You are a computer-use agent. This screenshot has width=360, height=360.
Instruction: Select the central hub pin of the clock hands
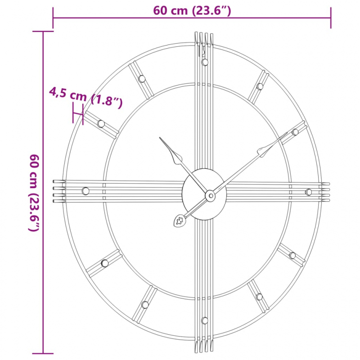point(210,195)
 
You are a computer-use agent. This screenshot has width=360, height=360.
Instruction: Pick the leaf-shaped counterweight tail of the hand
point(179,221)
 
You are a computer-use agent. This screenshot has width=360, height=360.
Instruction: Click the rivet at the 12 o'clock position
point(205,62)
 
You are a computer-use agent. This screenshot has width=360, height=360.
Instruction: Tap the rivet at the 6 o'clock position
point(205,320)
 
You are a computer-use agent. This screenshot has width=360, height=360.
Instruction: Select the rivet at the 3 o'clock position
point(309,192)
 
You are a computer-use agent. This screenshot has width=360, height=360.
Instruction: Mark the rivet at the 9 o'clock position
point(85,191)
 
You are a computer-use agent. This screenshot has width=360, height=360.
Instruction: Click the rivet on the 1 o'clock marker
point(260,86)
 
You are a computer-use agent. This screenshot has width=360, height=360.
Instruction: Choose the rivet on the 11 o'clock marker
point(142,79)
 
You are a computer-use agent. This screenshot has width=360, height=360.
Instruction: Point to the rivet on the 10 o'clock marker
point(101,124)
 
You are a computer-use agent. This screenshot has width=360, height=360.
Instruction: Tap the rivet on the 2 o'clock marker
point(295,132)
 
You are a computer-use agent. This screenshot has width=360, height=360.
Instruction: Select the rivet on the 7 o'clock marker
point(145,305)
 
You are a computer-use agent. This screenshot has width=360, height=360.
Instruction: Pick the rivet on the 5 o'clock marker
point(259,297)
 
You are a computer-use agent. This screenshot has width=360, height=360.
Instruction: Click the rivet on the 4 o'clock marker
point(292,256)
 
